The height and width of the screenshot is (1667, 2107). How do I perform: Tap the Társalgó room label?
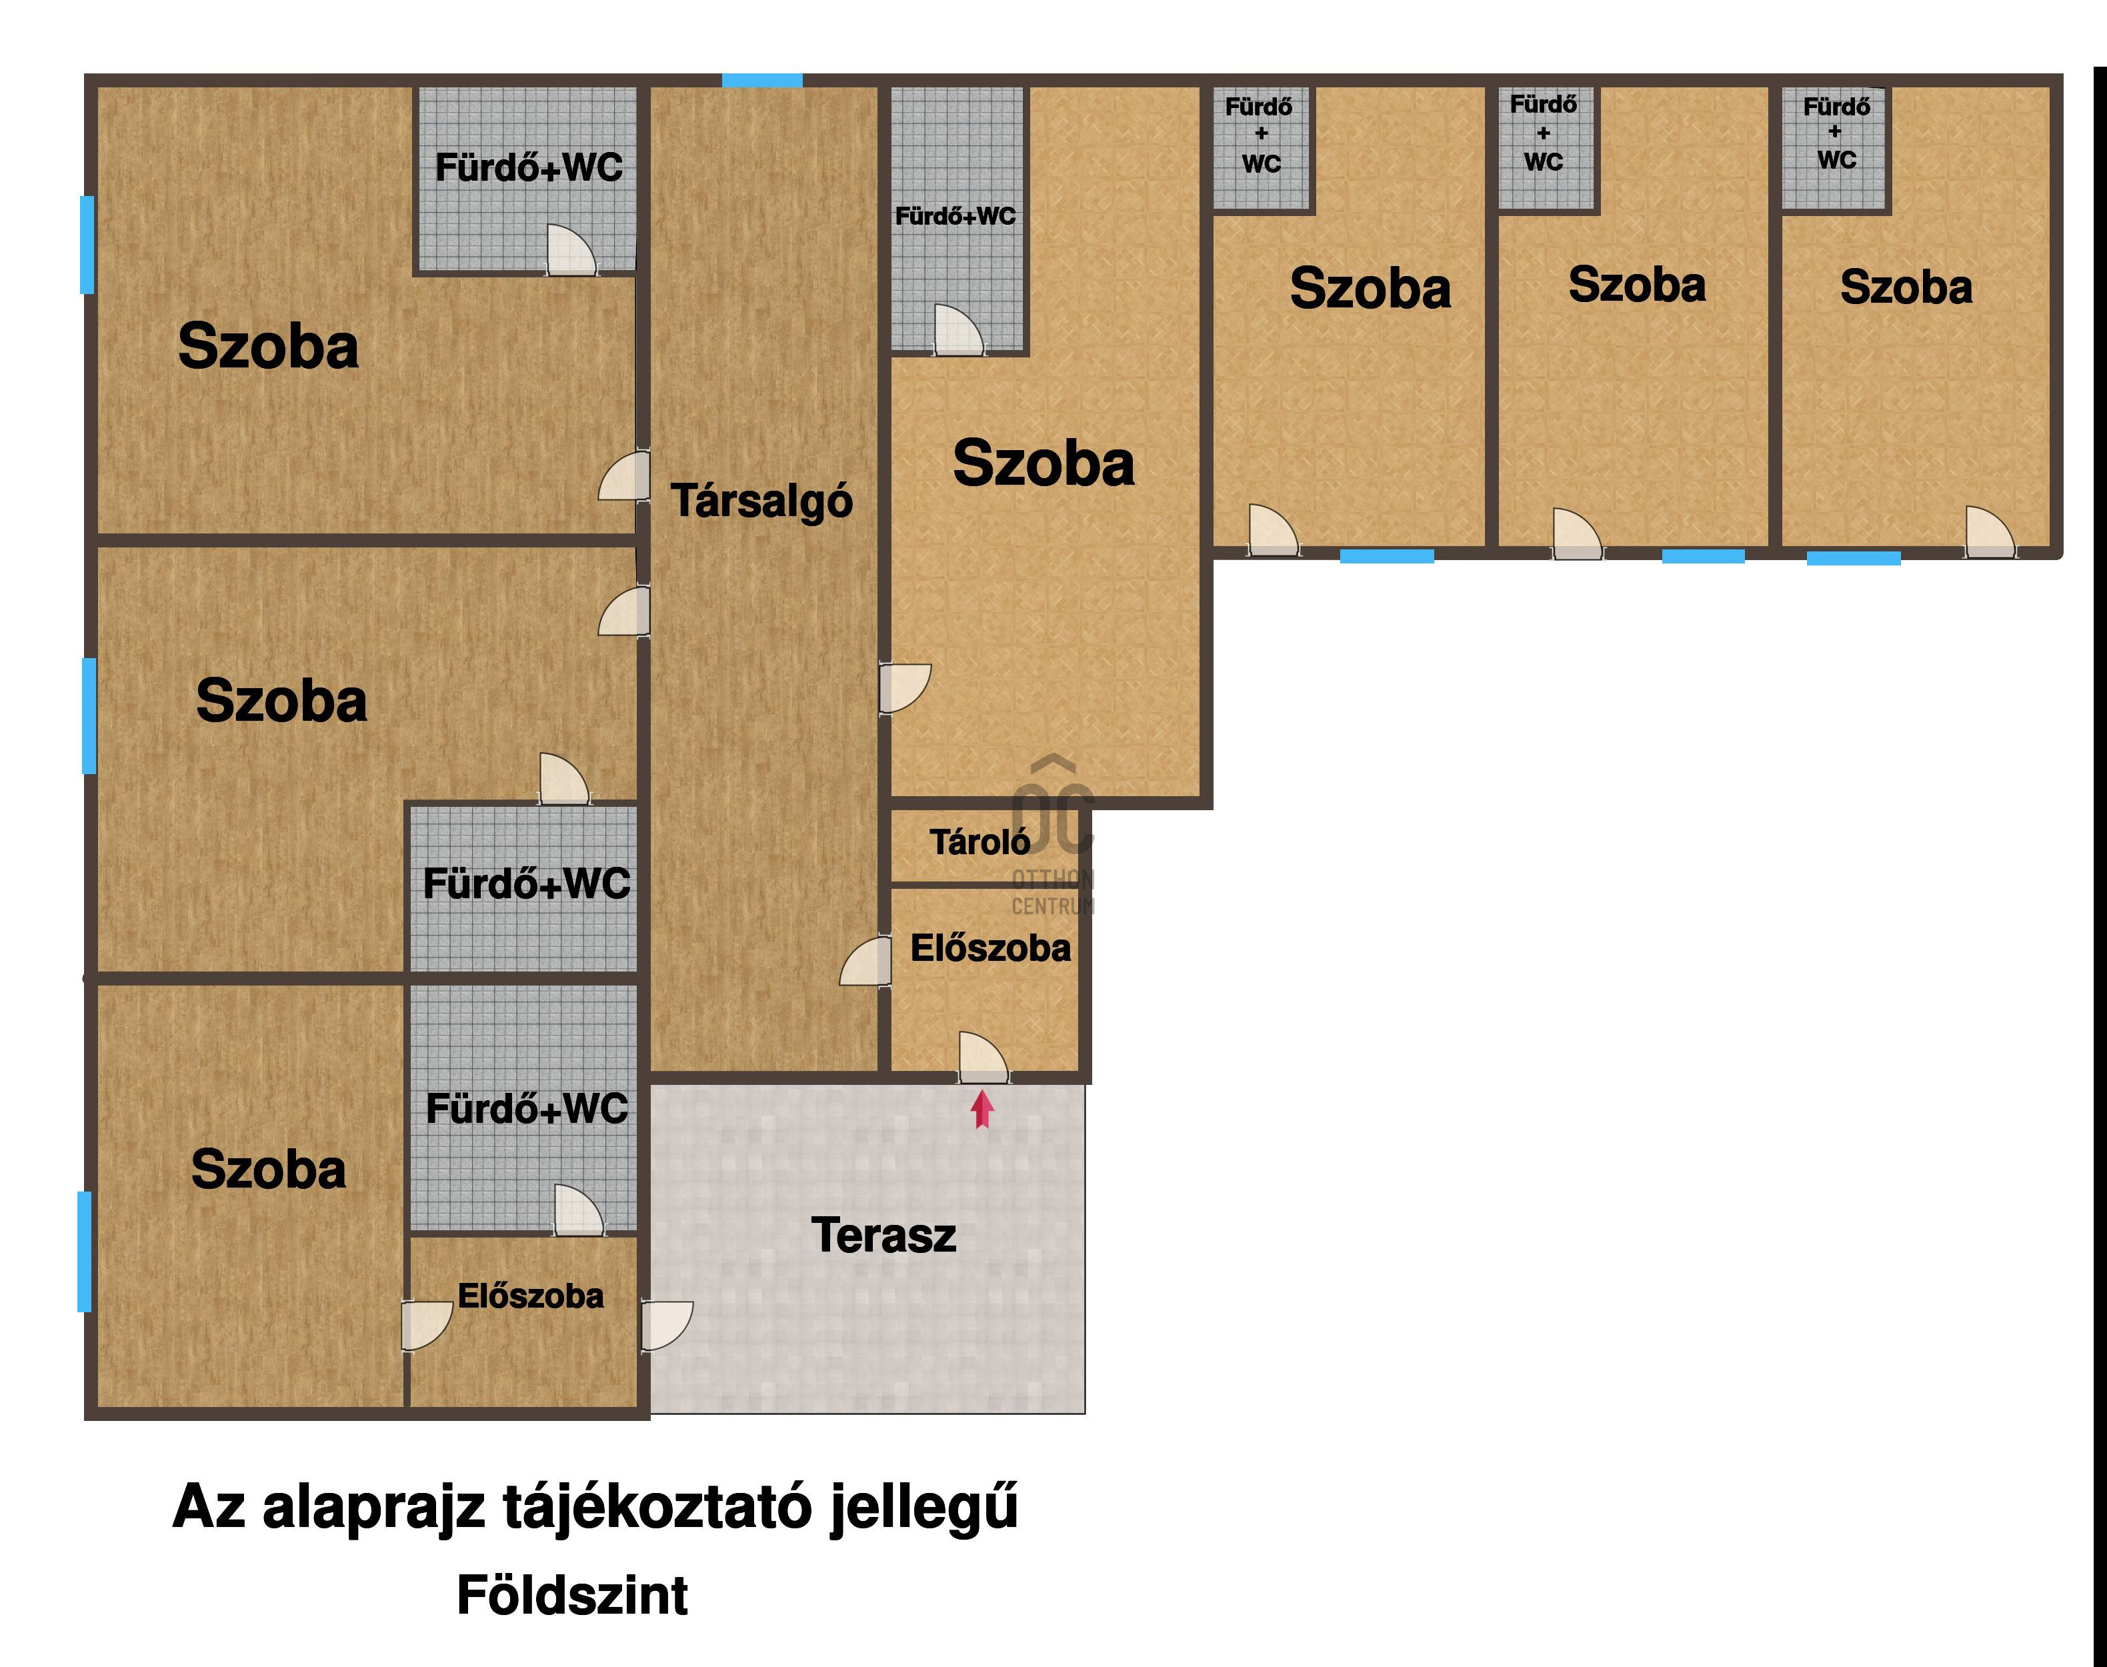(x=762, y=501)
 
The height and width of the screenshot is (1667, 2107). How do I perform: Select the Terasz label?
(x=883, y=1236)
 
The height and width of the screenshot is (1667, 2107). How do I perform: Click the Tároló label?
(x=979, y=842)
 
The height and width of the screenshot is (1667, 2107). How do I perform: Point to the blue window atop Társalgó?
(x=762, y=80)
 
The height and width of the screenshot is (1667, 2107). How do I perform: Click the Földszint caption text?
(x=573, y=1596)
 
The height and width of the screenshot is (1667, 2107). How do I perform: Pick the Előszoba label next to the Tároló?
(x=991, y=948)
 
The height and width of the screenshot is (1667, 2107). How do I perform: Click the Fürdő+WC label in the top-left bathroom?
(x=529, y=168)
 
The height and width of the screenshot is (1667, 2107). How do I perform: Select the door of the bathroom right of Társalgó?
(x=959, y=330)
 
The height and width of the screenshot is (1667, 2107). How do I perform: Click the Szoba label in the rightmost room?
(x=1906, y=288)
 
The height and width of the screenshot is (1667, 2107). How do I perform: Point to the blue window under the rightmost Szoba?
(x=1853, y=558)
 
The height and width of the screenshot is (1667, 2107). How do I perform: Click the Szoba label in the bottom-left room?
(x=269, y=1170)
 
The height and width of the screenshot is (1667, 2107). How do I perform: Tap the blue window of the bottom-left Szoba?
(x=85, y=1251)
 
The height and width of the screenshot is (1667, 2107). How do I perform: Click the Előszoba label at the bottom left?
(x=531, y=1296)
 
